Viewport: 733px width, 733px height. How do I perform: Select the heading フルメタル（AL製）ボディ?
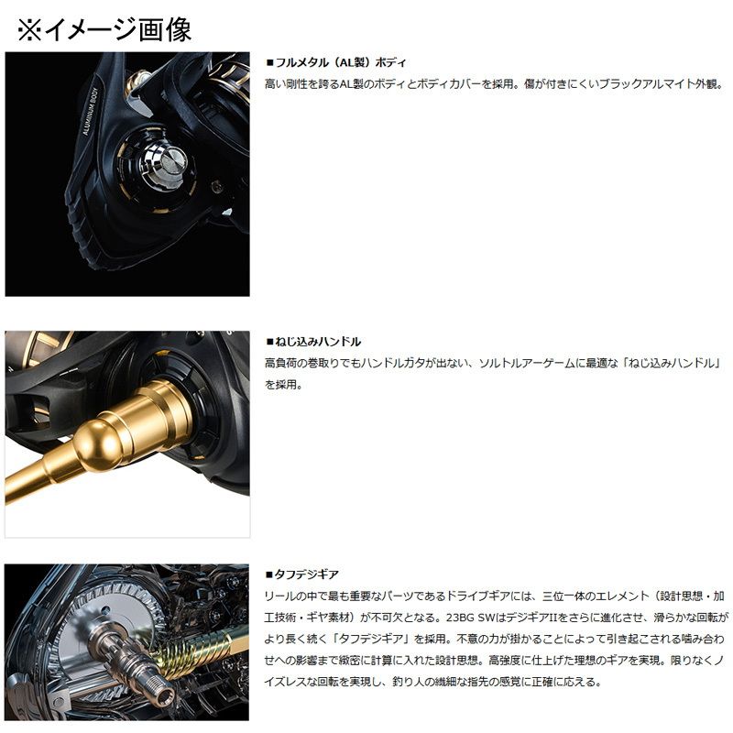pos(338,62)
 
